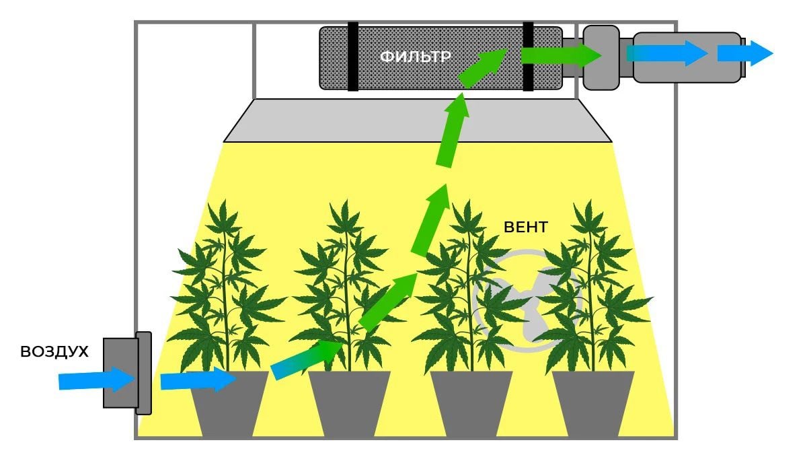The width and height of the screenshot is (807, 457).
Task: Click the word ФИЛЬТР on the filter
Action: point(414,57)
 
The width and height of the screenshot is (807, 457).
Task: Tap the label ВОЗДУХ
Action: point(54,351)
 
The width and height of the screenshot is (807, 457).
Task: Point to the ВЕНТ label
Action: point(525,227)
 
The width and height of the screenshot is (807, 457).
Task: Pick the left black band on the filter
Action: point(352,57)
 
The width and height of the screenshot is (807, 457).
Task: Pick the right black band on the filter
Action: point(528,57)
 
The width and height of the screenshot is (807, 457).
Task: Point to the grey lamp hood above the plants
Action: point(417,121)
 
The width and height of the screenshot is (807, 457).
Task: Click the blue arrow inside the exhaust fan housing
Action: point(666,53)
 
